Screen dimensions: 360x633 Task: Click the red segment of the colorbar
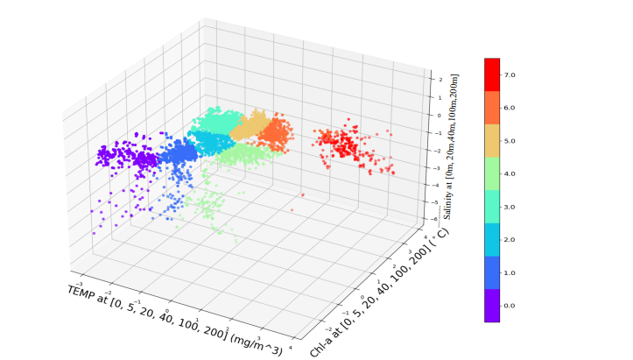click(492, 75)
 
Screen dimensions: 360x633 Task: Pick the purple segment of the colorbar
click(492, 305)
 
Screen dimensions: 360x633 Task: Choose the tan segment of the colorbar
click(492, 141)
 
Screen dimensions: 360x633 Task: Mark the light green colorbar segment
click(492, 173)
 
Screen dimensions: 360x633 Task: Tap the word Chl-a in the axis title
click(322, 343)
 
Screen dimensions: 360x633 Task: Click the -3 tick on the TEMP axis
click(81, 284)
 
